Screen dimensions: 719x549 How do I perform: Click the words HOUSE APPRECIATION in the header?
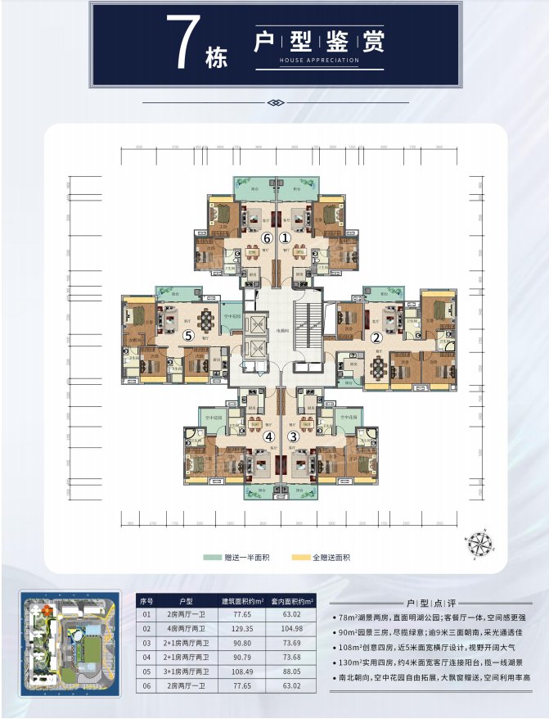point(319,61)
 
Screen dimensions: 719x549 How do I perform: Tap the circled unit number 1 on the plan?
point(286,237)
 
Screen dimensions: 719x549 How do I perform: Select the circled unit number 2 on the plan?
point(376,337)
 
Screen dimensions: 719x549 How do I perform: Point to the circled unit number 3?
point(294,436)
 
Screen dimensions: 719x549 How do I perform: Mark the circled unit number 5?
point(188,335)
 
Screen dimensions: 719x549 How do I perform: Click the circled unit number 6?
point(267,237)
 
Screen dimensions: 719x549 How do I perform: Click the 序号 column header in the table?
point(146,599)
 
